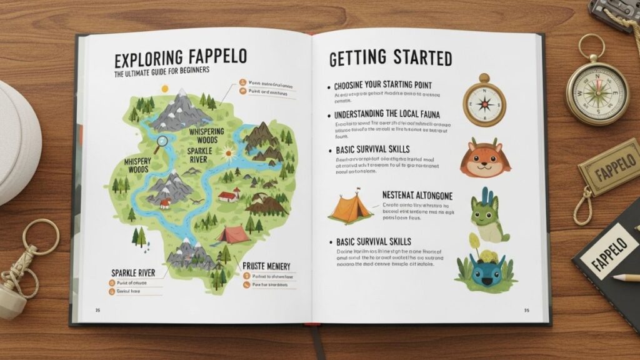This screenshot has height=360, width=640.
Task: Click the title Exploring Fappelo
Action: (181, 59)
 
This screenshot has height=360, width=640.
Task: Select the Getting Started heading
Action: (390, 59)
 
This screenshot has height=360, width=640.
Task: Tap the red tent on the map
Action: (233, 234)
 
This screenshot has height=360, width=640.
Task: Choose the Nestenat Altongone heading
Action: (417, 196)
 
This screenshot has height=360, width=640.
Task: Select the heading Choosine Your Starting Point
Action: (383, 85)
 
